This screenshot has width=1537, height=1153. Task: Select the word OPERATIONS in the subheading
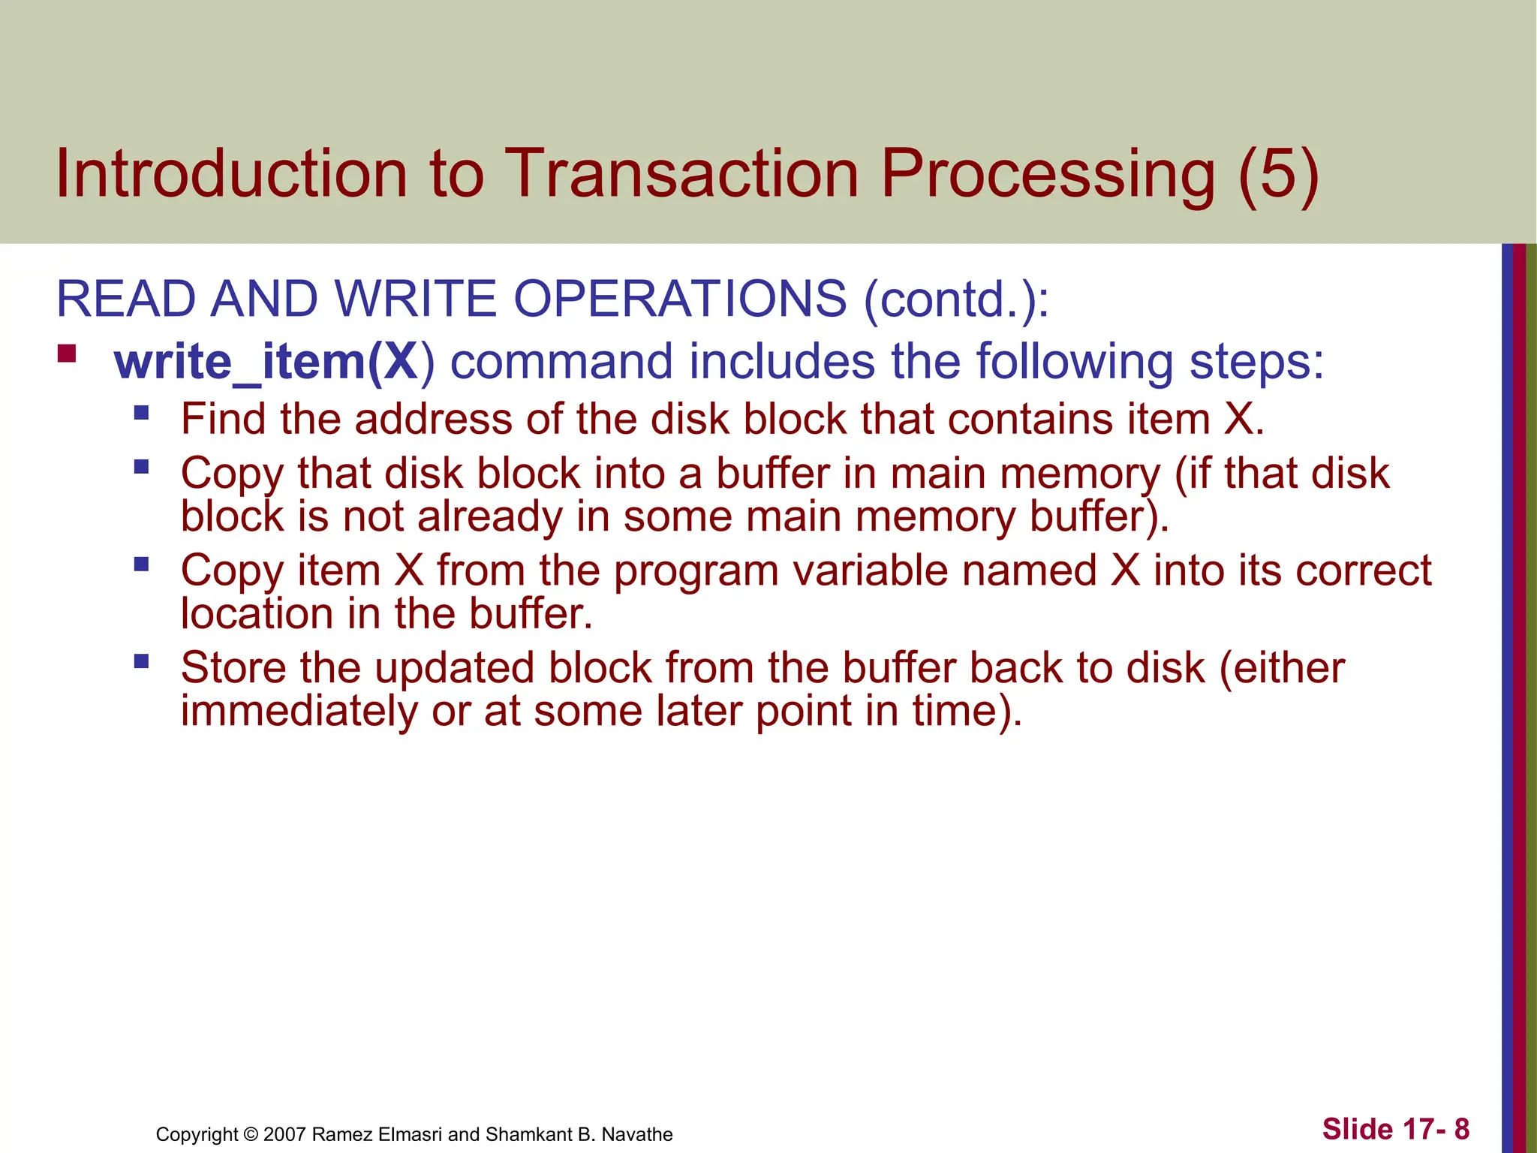(x=680, y=299)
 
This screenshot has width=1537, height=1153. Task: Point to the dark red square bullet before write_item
(x=67, y=353)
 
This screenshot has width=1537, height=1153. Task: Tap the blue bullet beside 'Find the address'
(x=142, y=412)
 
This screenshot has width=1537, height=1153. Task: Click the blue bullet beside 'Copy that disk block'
(x=142, y=468)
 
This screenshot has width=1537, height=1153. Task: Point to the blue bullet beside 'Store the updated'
(x=142, y=661)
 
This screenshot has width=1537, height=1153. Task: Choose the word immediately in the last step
(x=299, y=711)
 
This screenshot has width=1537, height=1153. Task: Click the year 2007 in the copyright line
(x=285, y=1134)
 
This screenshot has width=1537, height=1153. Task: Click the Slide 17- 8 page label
(x=1395, y=1129)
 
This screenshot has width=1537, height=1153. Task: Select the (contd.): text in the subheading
(x=956, y=299)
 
